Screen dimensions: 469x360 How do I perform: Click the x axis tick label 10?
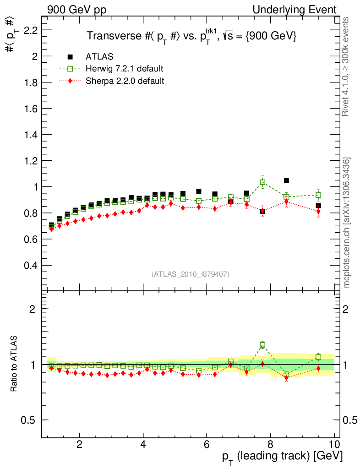pos(334,444)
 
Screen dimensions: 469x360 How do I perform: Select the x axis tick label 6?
pos(207,444)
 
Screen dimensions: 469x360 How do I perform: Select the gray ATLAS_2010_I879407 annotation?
pos(191,274)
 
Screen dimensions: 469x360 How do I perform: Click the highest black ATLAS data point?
pos(286,180)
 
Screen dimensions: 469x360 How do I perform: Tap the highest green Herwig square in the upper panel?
pos(262,182)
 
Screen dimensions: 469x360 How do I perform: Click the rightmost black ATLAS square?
pos(318,206)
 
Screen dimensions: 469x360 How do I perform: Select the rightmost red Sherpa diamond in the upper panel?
pos(318,211)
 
